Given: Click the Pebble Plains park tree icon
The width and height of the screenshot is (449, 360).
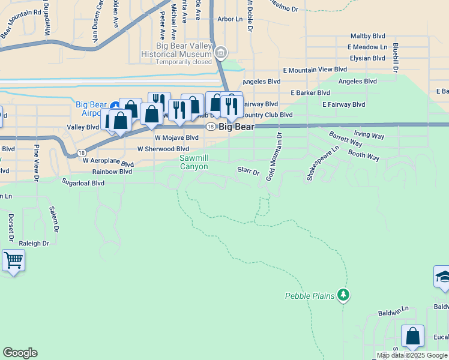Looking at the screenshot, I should click(x=343, y=295).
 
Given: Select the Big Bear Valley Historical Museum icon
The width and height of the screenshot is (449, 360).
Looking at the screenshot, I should click(x=221, y=53).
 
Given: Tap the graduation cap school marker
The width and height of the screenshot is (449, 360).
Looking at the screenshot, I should click(x=442, y=277).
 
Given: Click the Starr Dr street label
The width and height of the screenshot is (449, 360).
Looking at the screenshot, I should click(x=248, y=172).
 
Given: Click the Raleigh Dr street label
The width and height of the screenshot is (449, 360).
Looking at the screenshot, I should click(x=34, y=244).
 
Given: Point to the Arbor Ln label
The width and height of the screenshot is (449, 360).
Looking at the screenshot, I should click(x=230, y=19).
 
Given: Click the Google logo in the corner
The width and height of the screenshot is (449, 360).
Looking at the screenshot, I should click(x=20, y=353).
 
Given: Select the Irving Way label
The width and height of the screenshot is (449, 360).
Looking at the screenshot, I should click(x=369, y=136).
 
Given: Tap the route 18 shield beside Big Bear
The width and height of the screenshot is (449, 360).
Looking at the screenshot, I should click(x=210, y=127).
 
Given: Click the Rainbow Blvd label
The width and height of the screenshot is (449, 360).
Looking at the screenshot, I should click(x=108, y=171).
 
